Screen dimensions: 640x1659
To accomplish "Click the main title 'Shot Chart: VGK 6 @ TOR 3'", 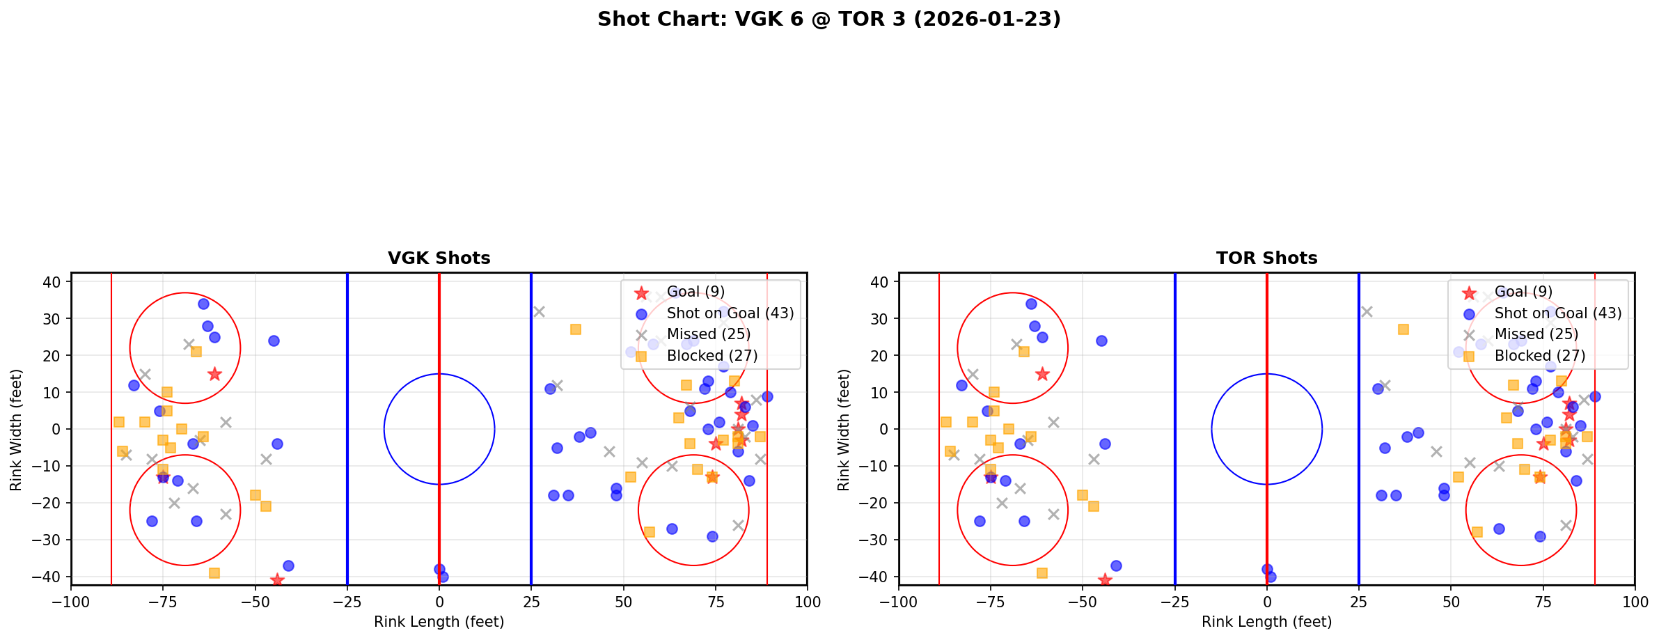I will click(828, 19).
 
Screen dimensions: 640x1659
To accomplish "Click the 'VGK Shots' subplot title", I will click(439, 258).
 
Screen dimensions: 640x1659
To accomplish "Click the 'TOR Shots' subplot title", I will click(1266, 258).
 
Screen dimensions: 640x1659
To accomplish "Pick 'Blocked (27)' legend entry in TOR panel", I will click(1540, 356).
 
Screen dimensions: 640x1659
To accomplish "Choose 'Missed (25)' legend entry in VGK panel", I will click(708, 334).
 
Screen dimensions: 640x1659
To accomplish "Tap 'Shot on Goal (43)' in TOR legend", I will click(1557, 313).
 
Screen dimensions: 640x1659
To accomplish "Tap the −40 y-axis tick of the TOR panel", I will click(879, 577).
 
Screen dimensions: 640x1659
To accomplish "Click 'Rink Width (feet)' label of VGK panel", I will click(16, 429).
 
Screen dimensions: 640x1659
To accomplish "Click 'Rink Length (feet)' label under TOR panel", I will click(1266, 622).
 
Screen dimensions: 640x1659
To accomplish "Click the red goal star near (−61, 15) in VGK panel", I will click(214, 374).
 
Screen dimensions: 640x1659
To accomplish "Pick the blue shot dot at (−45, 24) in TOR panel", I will click(1101, 341).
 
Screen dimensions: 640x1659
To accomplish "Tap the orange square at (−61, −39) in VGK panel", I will click(214, 573).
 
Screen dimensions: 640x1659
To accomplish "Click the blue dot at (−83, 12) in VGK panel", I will click(134, 385).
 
